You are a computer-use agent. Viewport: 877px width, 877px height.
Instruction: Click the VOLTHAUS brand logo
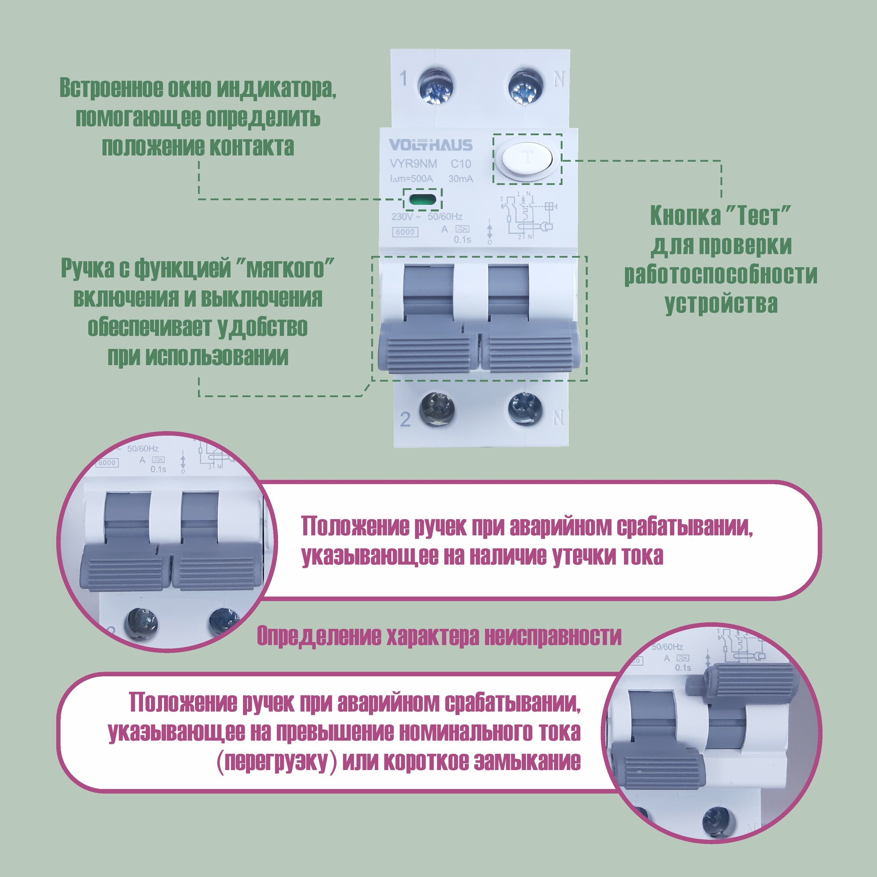(x=430, y=145)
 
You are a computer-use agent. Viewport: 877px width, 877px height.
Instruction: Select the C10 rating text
(x=461, y=164)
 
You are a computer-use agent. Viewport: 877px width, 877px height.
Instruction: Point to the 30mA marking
(x=461, y=179)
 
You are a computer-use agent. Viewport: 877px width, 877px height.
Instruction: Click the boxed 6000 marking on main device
(x=405, y=232)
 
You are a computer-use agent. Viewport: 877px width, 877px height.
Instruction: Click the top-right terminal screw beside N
(x=526, y=87)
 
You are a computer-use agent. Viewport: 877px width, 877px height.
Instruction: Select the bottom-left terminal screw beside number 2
(x=437, y=409)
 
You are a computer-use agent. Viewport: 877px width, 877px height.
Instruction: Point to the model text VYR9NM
(x=413, y=164)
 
